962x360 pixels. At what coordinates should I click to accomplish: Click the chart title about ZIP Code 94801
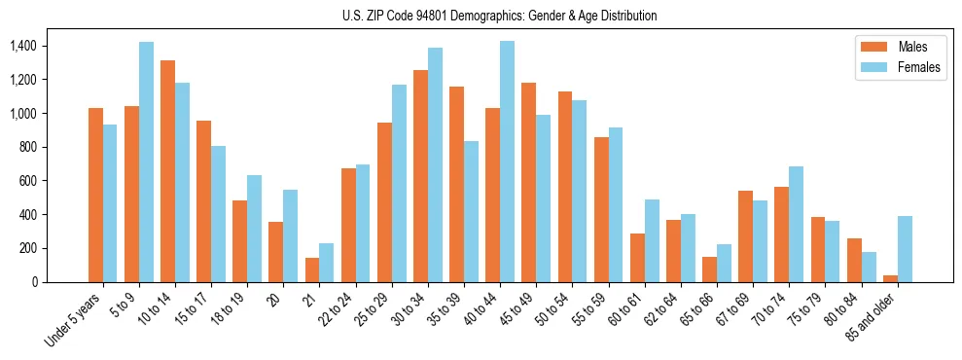tap(500, 16)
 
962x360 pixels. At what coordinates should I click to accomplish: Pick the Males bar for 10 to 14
tap(167, 171)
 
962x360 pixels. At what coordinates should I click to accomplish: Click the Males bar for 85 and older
tap(890, 279)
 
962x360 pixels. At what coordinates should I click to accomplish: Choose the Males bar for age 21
tap(312, 270)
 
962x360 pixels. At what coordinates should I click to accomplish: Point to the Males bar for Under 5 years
tap(95, 195)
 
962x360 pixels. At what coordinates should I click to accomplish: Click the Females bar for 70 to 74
tap(796, 225)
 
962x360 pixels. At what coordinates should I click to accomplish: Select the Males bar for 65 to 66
tap(709, 270)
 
